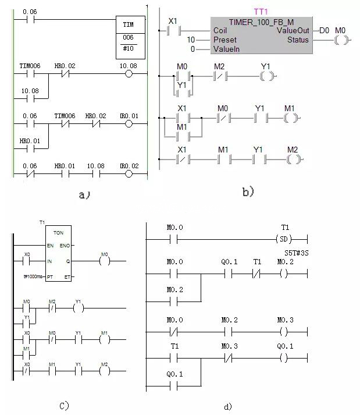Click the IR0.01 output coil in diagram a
click(129, 124)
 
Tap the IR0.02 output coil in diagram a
click(129, 174)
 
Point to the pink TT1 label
click(261, 12)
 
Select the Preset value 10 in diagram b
click(190, 40)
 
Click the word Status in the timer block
click(298, 40)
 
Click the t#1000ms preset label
click(33, 276)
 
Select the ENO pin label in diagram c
click(65, 247)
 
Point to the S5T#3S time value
click(296, 253)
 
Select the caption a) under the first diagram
click(84, 196)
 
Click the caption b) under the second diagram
click(248, 191)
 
